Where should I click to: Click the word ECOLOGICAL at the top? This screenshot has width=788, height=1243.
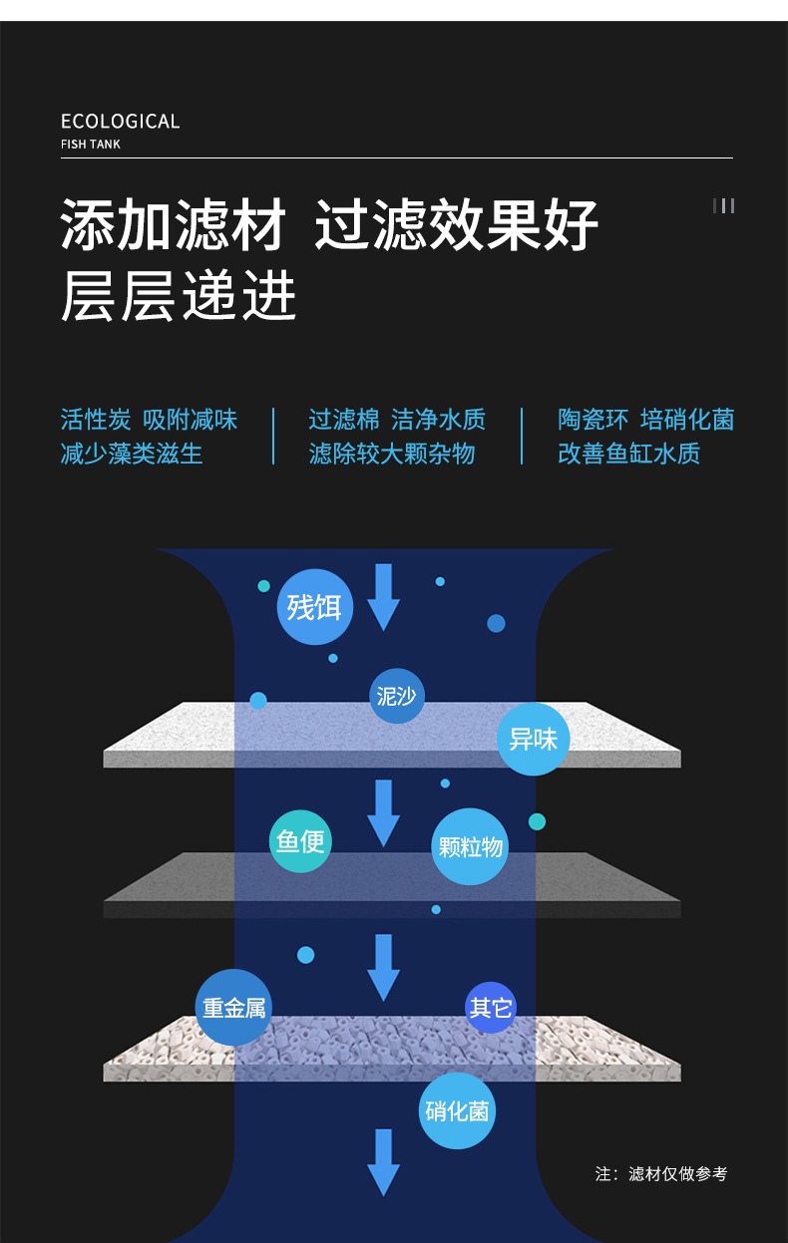click(120, 122)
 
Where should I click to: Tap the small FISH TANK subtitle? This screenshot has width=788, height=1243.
click(91, 145)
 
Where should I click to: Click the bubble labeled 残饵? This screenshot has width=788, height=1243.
click(314, 606)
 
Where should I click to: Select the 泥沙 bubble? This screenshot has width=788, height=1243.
click(397, 696)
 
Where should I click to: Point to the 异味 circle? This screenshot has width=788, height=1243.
click(533, 739)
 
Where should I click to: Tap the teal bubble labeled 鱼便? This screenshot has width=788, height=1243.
click(300, 842)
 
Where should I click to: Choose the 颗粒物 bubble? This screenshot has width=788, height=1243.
click(471, 847)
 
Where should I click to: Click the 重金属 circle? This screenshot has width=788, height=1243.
click(234, 1008)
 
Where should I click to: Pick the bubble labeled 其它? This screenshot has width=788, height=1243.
click(491, 1008)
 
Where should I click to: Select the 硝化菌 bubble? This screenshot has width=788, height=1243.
click(457, 1110)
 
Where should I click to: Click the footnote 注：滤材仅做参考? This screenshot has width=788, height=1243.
click(661, 1173)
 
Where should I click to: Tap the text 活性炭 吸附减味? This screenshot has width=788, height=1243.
click(149, 419)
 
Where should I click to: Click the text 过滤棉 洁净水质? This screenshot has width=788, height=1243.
click(397, 419)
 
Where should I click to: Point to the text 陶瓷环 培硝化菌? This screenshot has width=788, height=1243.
click(645, 419)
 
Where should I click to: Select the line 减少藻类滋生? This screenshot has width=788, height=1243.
click(132, 454)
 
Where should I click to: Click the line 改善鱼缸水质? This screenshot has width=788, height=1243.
click(629, 454)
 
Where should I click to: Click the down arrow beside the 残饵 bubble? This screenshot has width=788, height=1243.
click(384, 597)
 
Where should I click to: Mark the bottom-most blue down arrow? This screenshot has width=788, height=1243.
click(383, 1162)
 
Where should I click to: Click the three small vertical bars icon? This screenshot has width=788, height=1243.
click(724, 205)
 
